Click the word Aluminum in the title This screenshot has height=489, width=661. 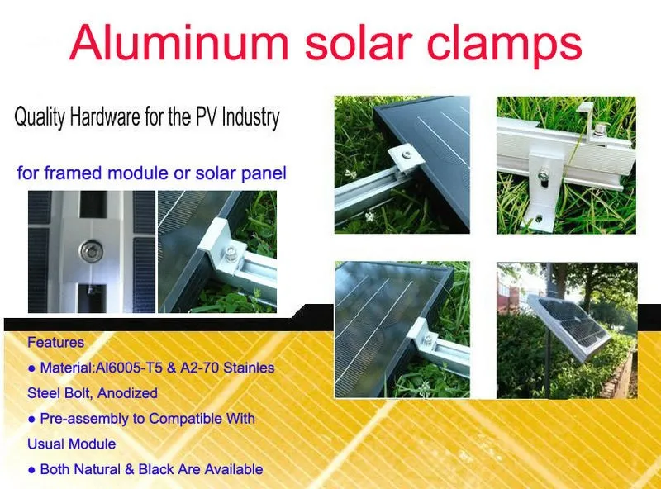(179, 43)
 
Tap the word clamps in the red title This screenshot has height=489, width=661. (504, 45)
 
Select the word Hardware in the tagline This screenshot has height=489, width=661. (105, 116)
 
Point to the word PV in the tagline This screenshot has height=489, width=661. (205, 116)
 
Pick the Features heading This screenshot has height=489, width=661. (55, 342)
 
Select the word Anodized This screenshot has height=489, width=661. (128, 393)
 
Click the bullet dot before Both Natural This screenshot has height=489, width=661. (31, 470)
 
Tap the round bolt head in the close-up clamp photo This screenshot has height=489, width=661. (91, 251)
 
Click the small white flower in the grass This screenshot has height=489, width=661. (369, 216)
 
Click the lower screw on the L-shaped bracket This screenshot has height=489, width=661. (540, 218)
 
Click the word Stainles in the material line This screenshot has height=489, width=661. (249, 368)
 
